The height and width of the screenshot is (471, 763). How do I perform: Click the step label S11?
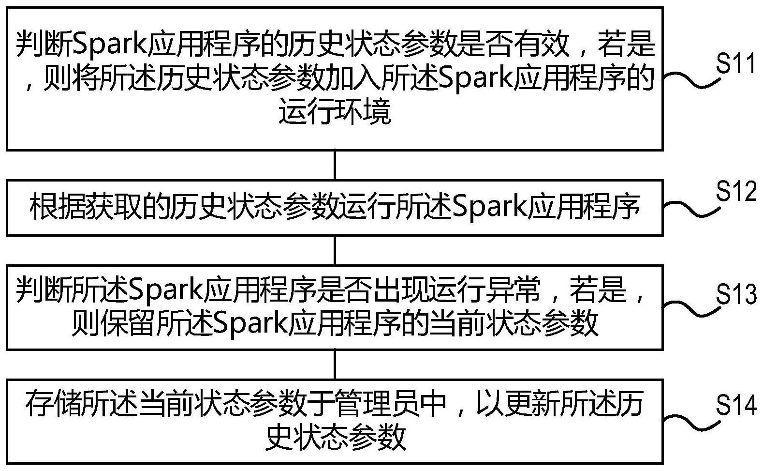coord(735,63)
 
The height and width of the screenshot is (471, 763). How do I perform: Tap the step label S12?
coord(735,192)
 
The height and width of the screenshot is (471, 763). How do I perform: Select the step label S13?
coord(735,294)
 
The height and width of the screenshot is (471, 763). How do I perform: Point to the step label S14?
coord(735,405)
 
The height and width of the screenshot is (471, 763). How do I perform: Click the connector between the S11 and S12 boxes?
coord(335,165)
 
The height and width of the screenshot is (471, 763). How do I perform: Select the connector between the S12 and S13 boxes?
coord(335,250)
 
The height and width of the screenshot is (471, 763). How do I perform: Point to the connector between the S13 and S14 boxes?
coord(335,364)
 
